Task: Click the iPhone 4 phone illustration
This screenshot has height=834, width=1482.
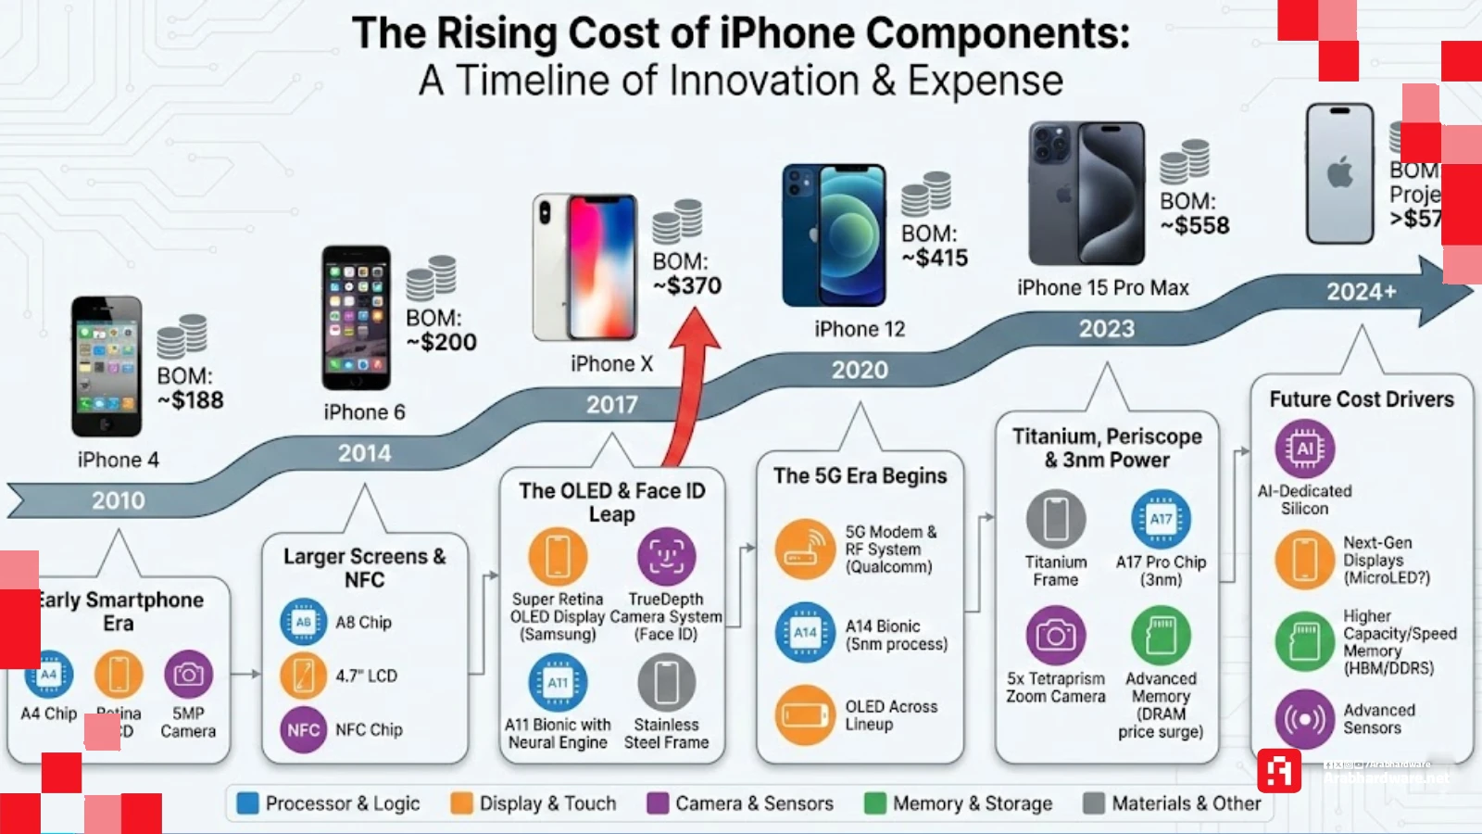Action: pyautogui.click(x=107, y=366)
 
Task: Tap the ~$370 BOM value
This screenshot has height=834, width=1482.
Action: pyautogui.click(x=687, y=286)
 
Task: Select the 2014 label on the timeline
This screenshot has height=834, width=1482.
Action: pyautogui.click(x=364, y=453)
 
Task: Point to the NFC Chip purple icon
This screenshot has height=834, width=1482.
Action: pyautogui.click(x=304, y=729)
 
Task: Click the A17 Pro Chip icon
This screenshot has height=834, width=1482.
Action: pyautogui.click(x=1161, y=519)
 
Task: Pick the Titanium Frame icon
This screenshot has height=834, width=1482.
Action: pyautogui.click(x=1056, y=519)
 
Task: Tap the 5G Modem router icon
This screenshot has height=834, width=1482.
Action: pyautogui.click(x=805, y=549)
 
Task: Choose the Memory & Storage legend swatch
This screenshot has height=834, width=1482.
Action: pyautogui.click(x=875, y=803)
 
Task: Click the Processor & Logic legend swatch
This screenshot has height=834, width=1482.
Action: pyautogui.click(x=248, y=803)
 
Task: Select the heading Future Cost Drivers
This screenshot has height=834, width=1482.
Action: pyautogui.click(x=1362, y=399)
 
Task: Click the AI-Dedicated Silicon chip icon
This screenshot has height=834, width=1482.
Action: pyautogui.click(x=1304, y=449)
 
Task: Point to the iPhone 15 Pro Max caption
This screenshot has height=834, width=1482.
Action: pyautogui.click(x=1102, y=288)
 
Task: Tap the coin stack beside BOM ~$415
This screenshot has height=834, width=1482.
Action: pyautogui.click(x=926, y=193)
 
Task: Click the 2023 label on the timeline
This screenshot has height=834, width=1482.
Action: pyautogui.click(x=1106, y=329)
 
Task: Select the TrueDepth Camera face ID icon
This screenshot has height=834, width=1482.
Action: pyautogui.click(x=666, y=556)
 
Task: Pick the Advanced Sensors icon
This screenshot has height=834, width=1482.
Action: pyautogui.click(x=1304, y=719)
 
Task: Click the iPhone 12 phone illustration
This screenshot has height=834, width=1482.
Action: pyautogui.click(x=835, y=236)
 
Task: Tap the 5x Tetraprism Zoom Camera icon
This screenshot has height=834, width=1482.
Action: pyautogui.click(x=1056, y=636)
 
